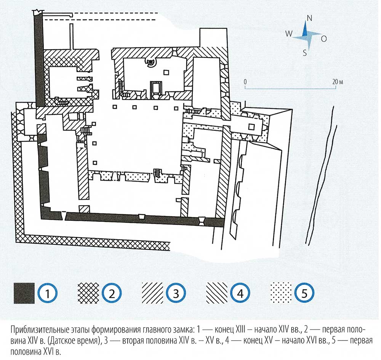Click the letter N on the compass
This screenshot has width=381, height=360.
click(309, 18)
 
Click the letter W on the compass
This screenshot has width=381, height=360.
click(289, 34)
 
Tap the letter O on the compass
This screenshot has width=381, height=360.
click(324, 39)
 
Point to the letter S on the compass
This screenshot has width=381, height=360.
click(305, 53)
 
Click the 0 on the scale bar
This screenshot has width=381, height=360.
click(245, 82)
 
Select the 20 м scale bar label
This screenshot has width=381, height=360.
click(338, 82)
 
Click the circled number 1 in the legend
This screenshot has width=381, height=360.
click(48, 293)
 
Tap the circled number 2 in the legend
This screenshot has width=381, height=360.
click(112, 293)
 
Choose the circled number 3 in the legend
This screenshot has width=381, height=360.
click(176, 293)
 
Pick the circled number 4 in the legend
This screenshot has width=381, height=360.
click(240, 293)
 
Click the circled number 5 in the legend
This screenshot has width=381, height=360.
click(304, 293)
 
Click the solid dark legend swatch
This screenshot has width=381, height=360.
click(24, 293)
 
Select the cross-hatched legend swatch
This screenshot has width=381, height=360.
click(88, 293)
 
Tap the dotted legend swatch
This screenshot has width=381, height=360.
click(281, 293)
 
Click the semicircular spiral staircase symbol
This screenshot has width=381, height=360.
click(151, 62)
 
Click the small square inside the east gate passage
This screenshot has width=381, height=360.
click(251, 127)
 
